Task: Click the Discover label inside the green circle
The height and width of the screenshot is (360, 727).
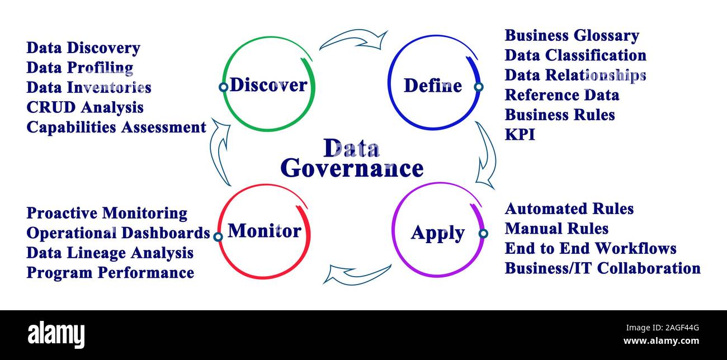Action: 268,85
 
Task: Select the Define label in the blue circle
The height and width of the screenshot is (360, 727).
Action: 433,86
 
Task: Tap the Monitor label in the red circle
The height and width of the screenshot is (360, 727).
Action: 265,230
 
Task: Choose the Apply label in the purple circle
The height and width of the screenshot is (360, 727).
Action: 438,233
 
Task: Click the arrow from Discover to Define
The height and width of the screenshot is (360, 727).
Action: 353,40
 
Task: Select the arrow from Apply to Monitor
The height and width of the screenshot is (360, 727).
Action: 356,273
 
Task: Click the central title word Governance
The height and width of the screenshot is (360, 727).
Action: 352,168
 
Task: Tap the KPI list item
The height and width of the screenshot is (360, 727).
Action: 520,135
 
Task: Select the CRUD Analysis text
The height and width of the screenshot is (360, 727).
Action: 85,107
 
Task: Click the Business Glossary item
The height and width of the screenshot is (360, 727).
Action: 572,36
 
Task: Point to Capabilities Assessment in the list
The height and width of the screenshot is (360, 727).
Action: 116,127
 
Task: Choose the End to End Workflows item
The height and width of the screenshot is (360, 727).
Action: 591,248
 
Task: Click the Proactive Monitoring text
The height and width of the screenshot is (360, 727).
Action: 107,213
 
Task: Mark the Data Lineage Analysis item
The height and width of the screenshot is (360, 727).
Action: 110,253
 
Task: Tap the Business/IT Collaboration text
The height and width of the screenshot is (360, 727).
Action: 602,268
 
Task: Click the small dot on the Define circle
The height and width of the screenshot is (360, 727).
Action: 478,87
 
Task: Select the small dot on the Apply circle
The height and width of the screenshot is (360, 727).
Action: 483,233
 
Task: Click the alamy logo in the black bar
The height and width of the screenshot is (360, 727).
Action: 56,334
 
